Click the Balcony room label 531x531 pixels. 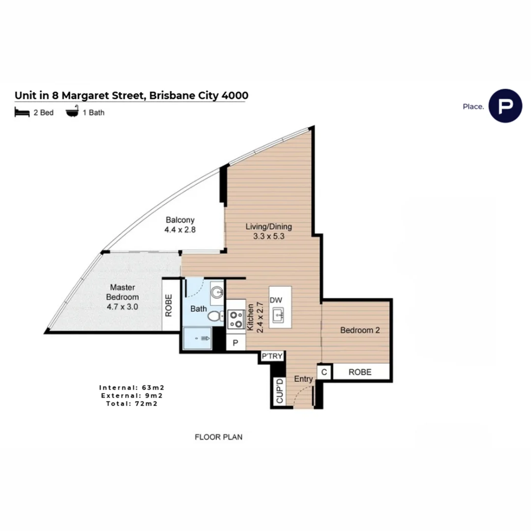pos(180,220)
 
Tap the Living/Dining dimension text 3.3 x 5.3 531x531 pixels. pos(268,236)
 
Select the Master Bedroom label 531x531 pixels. pos(122,292)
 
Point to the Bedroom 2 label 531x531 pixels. pos(360,330)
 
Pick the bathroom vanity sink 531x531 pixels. pos(217,292)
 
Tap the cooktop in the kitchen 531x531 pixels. pos(236,320)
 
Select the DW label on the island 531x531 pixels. pos(276,300)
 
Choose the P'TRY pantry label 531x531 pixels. pos(272,356)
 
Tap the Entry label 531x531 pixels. pos(303,379)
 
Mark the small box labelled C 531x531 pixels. pos(324,372)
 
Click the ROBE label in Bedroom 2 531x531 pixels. pos(360,372)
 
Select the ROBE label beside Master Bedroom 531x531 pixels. pos(169,305)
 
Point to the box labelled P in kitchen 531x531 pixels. pos(236,343)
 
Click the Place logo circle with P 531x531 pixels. pos(505,106)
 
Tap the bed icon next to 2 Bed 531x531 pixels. pos(22,112)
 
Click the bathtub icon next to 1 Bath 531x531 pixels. pos(72,112)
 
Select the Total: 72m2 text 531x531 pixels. pos(132,404)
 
